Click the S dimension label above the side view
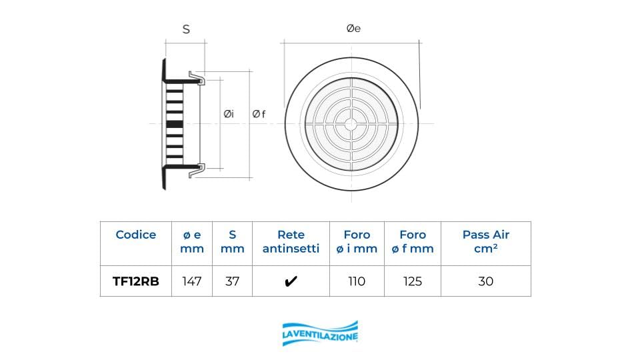tap(186, 29)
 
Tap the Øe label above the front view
tap(353, 29)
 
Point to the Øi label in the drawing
tap(229, 114)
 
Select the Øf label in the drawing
tap(259, 114)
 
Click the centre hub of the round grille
tap(351, 124)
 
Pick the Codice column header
tap(136, 235)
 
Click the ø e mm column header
tap(192, 241)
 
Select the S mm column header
tap(232, 241)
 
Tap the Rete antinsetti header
tap(291, 241)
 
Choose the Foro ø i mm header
tap(357, 241)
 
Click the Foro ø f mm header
tap(413, 241)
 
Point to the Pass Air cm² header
tap(486, 241)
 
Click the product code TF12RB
tap(136, 281)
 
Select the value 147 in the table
tap(192, 281)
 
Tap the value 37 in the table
tap(232, 281)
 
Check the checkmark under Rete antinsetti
tap(291, 281)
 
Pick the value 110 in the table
tap(357, 281)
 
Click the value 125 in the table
tap(413, 281)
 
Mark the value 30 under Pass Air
tap(486, 281)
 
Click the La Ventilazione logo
tap(320, 334)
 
